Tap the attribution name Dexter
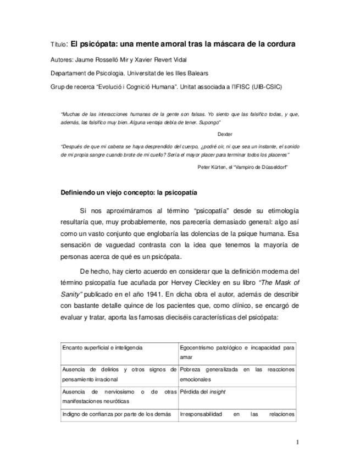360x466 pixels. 225,134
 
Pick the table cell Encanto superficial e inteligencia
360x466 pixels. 103,348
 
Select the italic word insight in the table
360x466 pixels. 218,391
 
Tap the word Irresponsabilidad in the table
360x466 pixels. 202,414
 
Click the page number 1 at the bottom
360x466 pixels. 297,442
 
